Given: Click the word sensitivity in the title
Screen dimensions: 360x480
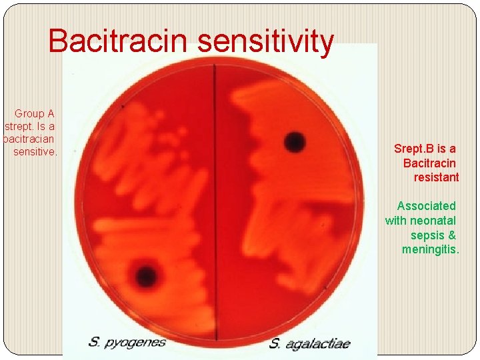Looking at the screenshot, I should (265, 41).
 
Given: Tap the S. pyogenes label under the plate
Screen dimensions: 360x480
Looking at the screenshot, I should (127, 343).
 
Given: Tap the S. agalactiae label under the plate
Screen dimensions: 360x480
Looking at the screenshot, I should (309, 344).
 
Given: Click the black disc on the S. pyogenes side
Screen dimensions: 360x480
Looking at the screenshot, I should (145, 275).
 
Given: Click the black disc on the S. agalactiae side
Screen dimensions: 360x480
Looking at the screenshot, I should (294, 141).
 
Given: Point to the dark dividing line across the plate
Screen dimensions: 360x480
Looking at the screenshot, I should (215, 200).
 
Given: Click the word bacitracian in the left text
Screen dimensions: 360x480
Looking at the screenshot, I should (29, 139).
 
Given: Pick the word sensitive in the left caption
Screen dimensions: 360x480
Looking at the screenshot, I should (35, 152).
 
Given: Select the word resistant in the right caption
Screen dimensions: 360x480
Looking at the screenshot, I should (436, 177).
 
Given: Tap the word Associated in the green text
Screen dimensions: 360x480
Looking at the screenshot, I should (426, 206).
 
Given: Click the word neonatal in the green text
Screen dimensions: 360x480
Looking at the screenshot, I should (434, 221).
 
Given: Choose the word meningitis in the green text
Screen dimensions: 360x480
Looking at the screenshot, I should (430, 249).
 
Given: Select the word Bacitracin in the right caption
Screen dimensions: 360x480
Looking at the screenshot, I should (429, 163).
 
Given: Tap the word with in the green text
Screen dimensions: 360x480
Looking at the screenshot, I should (397, 221).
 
